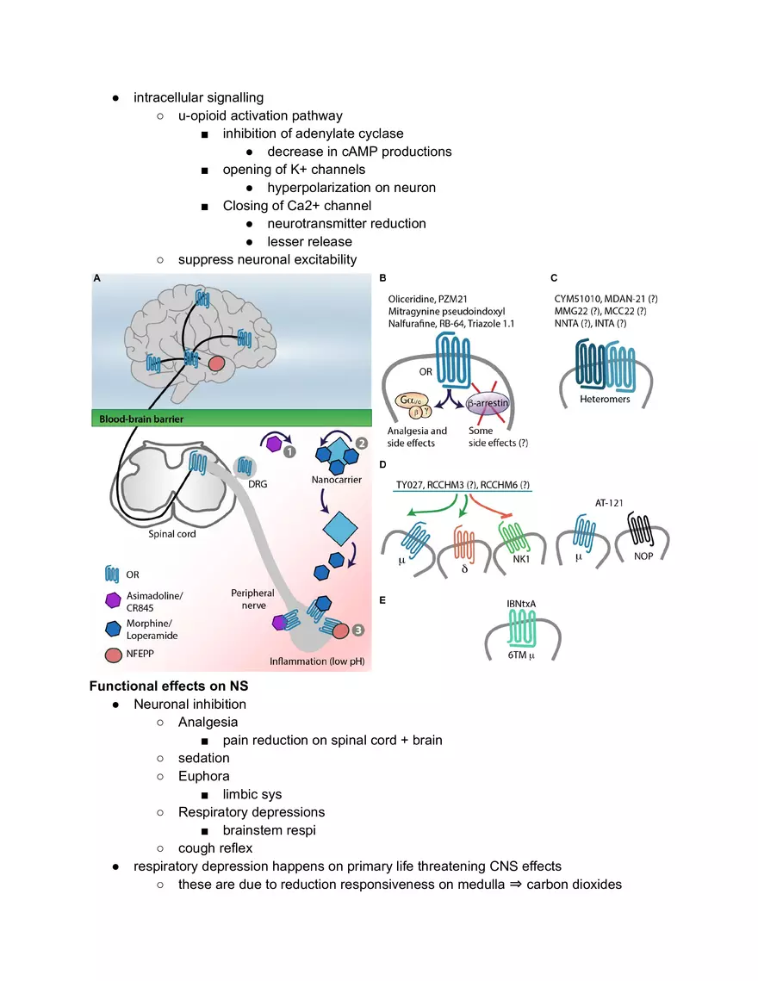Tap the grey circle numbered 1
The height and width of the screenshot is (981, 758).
click(x=289, y=450)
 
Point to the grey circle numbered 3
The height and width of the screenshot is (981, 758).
click(x=357, y=630)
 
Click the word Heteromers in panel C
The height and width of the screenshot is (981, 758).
click(x=606, y=400)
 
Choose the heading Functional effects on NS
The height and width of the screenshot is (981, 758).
click(x=169, y=686)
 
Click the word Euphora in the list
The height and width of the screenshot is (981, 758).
click(x=203, y=776)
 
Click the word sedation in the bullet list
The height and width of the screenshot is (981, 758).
click(x=203, y=758)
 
